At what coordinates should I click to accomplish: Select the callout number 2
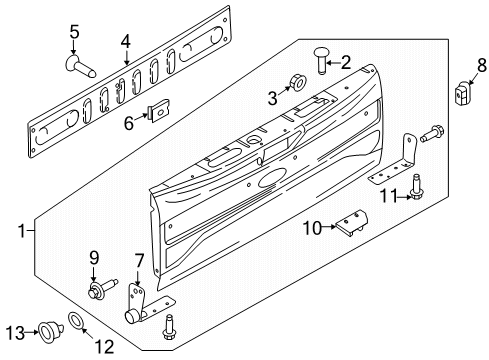coord(345,62)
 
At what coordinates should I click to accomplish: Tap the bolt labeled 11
coord(408,193)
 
